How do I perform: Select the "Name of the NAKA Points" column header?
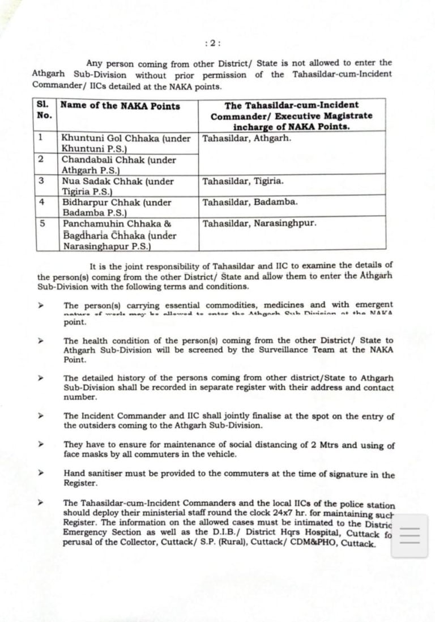click(120, 106)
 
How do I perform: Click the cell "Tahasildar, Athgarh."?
click(246, 138)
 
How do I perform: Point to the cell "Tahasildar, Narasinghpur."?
click(259, 223)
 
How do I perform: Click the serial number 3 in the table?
click(41, 181)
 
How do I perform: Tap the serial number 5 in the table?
click(41, 223)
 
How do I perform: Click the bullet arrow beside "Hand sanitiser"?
click(41, 472)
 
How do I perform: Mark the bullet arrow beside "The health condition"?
click(41, 340)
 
